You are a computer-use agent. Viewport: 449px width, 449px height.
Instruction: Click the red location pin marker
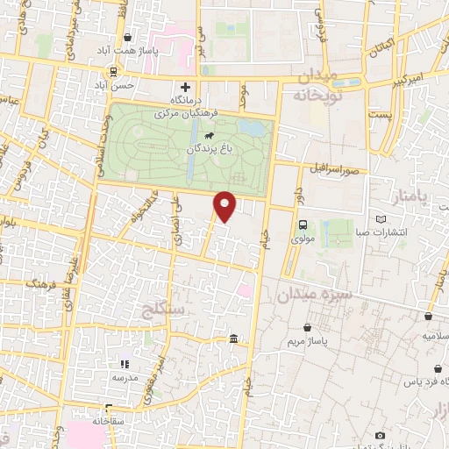[x=225, y=206]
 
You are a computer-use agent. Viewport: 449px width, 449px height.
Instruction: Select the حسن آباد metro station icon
[x=113, y=71]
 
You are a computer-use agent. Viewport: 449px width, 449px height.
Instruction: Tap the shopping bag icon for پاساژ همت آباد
[x=129, y=38]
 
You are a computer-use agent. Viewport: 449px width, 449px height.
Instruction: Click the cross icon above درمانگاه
[x=185, y=87]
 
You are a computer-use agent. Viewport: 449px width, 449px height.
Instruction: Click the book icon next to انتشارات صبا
[x=380, y=218]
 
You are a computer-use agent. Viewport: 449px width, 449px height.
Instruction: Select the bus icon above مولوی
[x=303, y=224]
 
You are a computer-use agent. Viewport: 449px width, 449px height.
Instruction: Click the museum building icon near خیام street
[x=232, y=339]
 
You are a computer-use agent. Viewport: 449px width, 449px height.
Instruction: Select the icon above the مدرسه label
[x=123, y=363]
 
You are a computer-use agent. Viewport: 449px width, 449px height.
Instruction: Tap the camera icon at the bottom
[x=380, y=435]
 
